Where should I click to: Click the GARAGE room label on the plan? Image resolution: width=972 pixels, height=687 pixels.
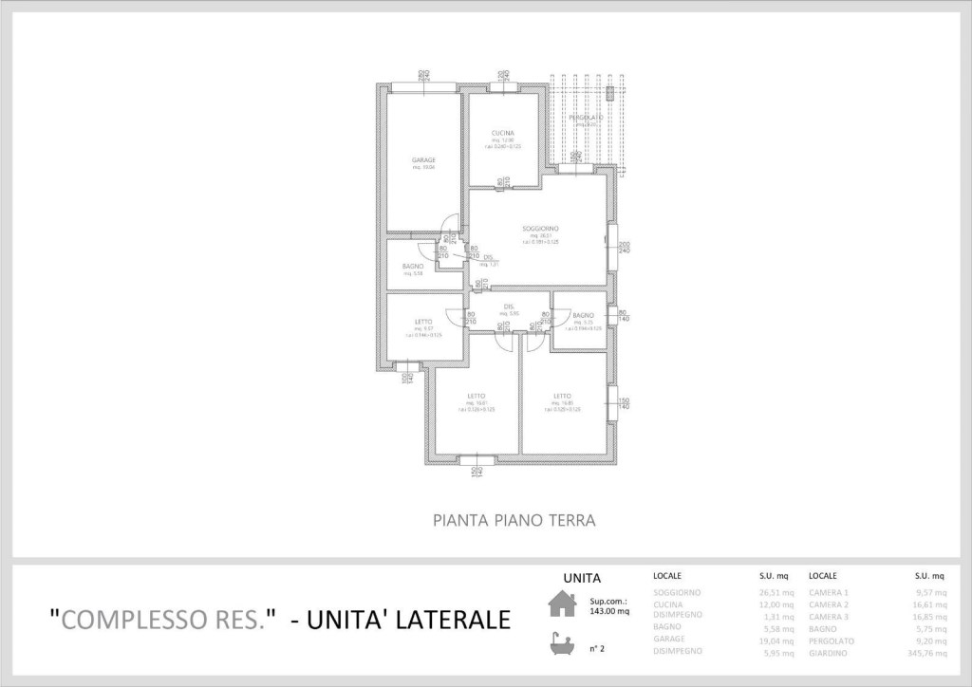coord(423,160)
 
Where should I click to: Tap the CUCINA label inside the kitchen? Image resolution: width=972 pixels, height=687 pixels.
coord(503,132)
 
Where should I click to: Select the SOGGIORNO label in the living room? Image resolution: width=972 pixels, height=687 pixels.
coord(539,229)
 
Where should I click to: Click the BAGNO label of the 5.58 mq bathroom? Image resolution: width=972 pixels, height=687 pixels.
coord(412,266)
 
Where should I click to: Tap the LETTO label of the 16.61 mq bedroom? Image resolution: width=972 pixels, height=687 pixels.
coord(477,396)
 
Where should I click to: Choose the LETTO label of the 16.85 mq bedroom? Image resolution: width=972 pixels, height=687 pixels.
coord(562,396)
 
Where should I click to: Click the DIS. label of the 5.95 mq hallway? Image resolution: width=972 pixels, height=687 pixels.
coord(509,306)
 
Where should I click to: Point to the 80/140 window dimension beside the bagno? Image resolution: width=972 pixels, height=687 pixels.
coord(623,316)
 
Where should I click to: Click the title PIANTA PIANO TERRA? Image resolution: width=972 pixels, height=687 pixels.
coord(514,520)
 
